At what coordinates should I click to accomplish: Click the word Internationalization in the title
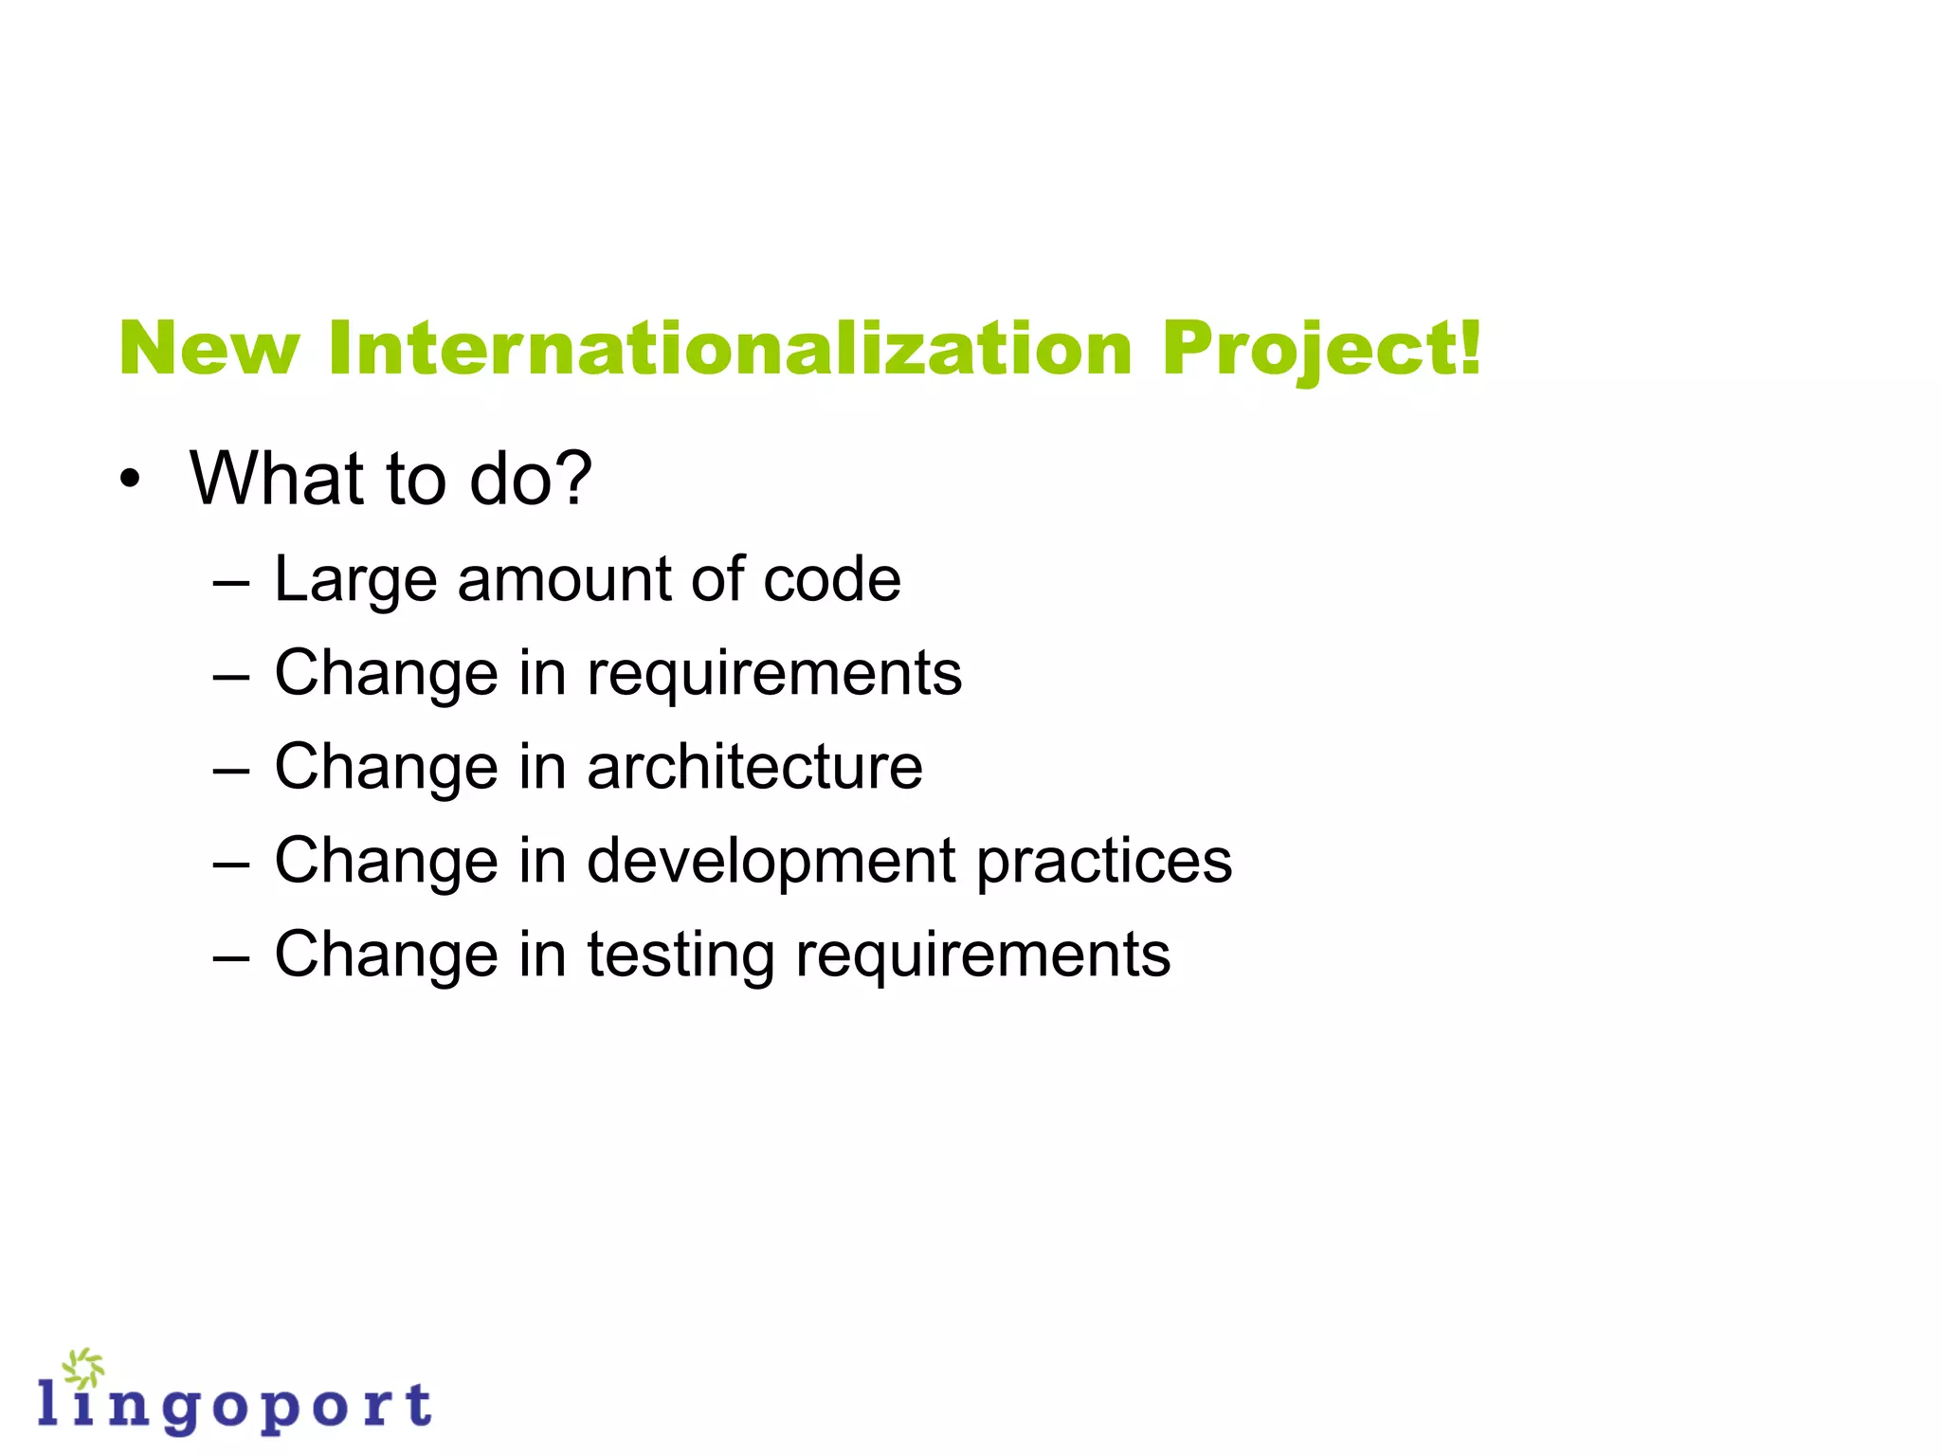click(730, 349)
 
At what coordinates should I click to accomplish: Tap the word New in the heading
click(209, 349)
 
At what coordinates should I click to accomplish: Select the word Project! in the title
click(1320, 349)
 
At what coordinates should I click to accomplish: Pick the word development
click(771, 861)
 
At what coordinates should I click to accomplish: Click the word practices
click(1104, 861)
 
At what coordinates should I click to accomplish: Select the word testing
click(680, 955)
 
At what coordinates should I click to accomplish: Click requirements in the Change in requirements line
click(774, 673)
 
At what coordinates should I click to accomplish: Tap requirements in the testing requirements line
click(983, 955)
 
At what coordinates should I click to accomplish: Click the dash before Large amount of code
click(231, 581)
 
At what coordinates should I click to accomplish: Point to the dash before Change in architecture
click(231, 769)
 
